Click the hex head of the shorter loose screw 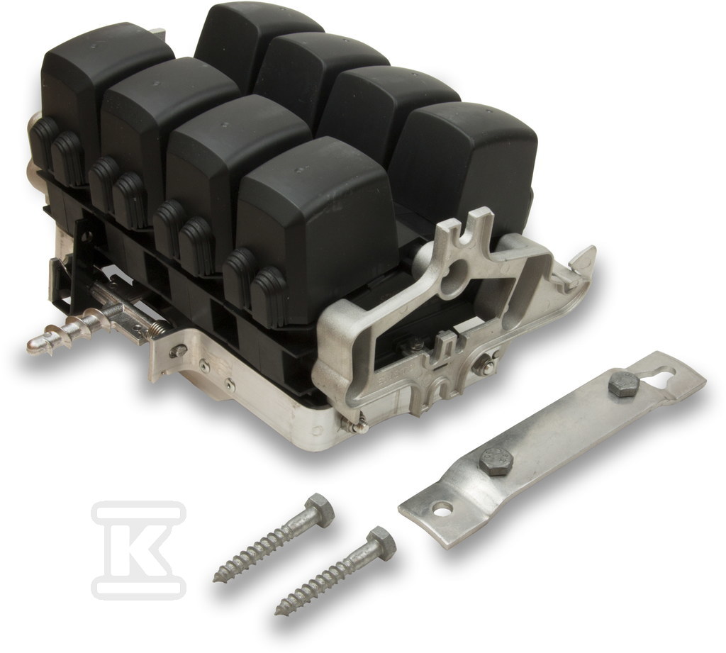(x=381, y=540)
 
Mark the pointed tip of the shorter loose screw (x=278, y=613)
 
